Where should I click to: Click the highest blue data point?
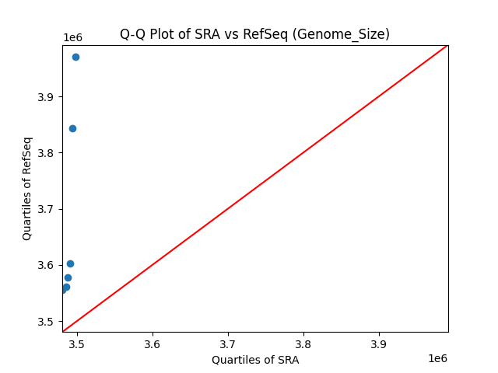(75, 57)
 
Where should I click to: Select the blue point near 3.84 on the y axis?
(72, 128)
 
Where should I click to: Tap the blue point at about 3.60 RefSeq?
(70, 263)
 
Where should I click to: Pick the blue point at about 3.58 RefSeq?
(68, 277)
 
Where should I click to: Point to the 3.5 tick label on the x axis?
(77, 343)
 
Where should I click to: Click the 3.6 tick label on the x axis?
(153, 343)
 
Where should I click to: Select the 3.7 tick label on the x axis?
(228, 343)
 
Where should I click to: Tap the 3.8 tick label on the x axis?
(303, 343)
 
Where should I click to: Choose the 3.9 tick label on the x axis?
(379, 343)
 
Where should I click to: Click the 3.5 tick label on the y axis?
(47, 321)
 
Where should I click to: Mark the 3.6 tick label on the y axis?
(47, 265)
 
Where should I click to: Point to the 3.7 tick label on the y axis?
(47, 209)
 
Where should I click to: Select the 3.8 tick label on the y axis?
(47, 153)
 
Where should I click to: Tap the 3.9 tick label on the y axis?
(47, 97)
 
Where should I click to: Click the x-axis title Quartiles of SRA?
(255, 360)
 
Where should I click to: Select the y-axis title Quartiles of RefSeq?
(27, 188)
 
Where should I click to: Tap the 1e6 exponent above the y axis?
(73, 38)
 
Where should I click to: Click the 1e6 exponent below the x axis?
(437, 358)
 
